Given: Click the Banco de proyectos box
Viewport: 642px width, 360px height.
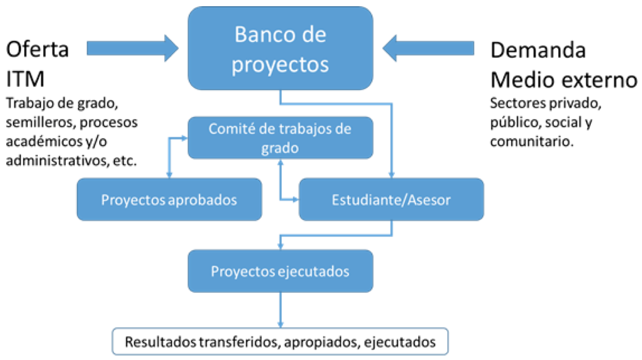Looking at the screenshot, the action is pos(280,48).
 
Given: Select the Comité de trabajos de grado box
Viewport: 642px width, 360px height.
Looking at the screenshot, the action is pos(280,138).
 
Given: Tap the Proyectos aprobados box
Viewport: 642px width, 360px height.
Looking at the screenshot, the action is pos(169,199).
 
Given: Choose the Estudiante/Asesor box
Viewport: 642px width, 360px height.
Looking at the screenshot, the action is pos(391,199).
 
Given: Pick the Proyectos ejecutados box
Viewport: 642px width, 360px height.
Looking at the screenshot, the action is pos(280,271).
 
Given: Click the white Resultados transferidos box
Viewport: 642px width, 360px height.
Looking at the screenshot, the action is pos(280,341).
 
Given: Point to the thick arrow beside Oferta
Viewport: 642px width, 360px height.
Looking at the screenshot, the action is pos(133,48).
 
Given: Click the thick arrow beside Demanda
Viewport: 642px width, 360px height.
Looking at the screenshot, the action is pos(428,48).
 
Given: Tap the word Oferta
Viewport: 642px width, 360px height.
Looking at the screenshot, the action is pos(37,49).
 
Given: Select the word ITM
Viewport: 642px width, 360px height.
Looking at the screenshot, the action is pos(25,79).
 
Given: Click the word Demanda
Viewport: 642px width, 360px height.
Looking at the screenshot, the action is pos(538,50).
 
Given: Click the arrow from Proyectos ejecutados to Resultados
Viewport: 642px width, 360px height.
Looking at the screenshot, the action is pos(280,310).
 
